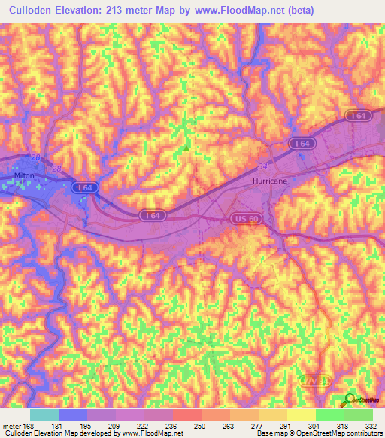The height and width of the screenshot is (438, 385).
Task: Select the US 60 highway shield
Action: [240, 218]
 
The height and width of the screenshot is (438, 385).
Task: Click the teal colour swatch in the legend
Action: [44, 415]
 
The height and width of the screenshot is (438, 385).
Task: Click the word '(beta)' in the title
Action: [298, 11]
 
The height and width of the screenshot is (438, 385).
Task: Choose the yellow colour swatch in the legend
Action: [300, 415]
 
